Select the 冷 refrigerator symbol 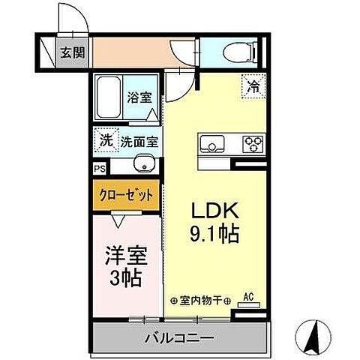click(x=254, y=86)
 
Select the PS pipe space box click(x=100, y=169)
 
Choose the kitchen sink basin click(x=213, y=143)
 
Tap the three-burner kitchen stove click(x=253, y=143)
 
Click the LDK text click(x=213, y=211)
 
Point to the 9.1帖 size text click(x=213, y=235)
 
